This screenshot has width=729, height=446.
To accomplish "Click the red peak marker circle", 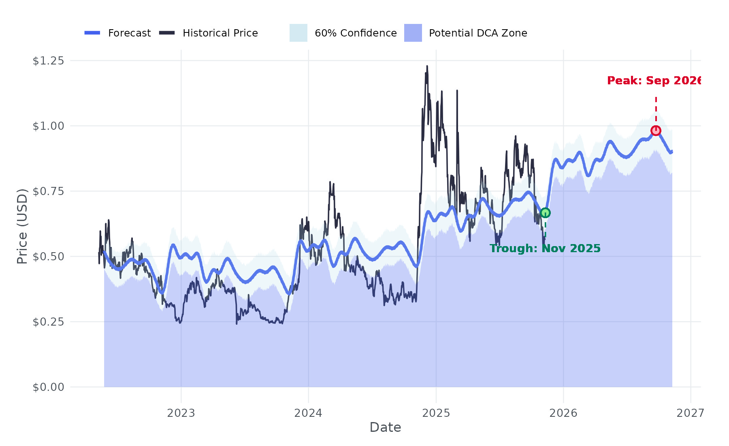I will point(656,131).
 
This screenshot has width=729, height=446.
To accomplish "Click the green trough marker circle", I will point(545,213).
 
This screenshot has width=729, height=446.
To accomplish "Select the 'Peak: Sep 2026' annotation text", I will point(653,81).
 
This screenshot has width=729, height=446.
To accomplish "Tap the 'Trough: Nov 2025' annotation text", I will point(545,249).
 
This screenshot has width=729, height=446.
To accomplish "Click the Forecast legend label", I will point(129,33).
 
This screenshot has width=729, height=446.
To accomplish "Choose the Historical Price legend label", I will point(220,33).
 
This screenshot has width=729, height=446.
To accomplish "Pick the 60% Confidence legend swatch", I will point(298,33).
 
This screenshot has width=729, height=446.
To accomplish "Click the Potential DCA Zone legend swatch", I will point(413,33).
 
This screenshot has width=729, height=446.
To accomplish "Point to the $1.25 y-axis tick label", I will point(48,61).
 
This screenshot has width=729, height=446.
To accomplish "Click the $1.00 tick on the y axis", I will point(48,126).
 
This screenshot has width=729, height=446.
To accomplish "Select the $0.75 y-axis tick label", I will point(48,191).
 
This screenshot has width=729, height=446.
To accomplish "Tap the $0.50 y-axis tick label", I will point(48,257).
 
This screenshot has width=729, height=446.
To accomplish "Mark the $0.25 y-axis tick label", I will point(48,322).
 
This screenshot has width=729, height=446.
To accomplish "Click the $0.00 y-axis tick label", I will point(48,387).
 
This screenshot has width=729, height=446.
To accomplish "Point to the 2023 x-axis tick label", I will point(181,413).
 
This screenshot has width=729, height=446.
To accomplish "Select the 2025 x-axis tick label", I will point(436,413).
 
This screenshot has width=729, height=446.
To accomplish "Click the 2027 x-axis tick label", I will point(690,413).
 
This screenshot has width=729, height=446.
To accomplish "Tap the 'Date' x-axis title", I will point(385,427).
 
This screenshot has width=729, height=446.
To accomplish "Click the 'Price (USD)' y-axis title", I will point(22,226).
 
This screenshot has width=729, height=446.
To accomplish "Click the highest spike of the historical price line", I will point(427,66).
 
